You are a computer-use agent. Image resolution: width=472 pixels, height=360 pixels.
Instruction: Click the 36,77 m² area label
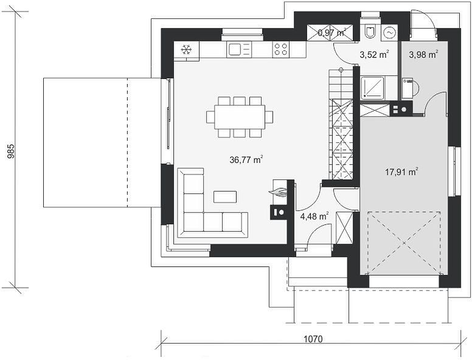click(246, 159)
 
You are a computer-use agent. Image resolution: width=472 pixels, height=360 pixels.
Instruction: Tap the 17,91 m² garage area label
click(402, 172)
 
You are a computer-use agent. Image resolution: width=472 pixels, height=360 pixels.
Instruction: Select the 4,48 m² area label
click(314, 216)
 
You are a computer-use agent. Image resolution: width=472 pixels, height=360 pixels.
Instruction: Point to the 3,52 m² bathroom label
click(374, 55)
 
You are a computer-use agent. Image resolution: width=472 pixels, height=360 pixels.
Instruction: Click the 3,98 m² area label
click(423, 55)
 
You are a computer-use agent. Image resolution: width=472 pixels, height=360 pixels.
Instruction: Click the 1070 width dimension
click(313, 339)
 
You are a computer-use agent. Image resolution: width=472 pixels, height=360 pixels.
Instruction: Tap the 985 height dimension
click(11, 151)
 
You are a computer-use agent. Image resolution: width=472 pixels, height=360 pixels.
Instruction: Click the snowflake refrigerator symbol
click(186, 50)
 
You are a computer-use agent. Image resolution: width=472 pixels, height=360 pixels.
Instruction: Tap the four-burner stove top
click(281, 50)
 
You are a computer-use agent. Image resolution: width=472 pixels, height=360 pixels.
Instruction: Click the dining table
click(240, 117)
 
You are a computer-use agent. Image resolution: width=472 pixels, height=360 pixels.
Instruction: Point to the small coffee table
click(225, 197)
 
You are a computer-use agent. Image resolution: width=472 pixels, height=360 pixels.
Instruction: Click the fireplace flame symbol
click(278, 192)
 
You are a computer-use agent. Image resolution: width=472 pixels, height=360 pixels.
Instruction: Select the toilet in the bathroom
click(370, 31)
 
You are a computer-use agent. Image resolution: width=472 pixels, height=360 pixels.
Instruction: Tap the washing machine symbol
click(389, 32)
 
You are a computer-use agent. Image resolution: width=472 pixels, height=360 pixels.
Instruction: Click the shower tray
click(373, 88)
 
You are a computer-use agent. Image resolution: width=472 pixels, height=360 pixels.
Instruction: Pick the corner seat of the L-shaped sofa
click(193, 222)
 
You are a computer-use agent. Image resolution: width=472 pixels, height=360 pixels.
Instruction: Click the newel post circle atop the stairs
click(341, 70)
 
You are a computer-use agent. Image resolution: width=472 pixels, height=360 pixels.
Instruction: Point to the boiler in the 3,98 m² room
click(408, 89)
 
